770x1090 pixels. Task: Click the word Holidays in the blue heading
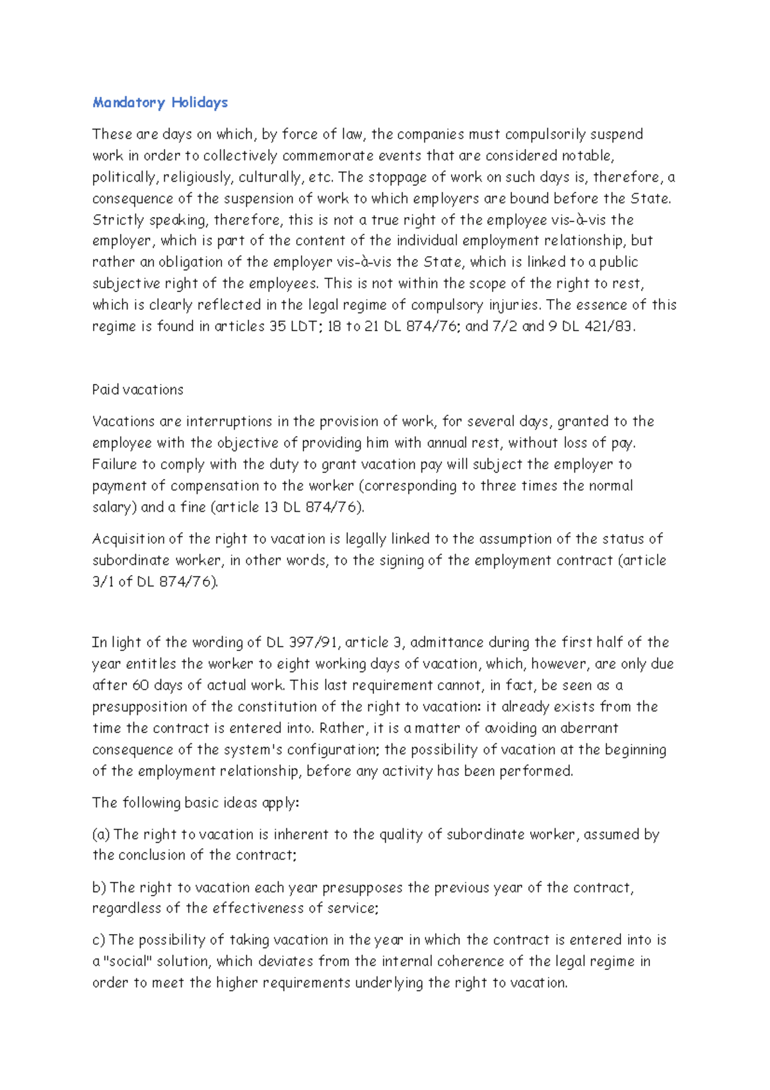tap(200, 103)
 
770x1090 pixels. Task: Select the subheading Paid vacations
tap(138, 390)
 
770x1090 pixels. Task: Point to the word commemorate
tap(328, 156)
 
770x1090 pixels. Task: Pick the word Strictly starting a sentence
tap(118, 220)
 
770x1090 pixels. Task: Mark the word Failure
tap(115, 464)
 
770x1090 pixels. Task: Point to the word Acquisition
tap(129, 539)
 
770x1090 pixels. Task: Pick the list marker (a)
tap(101, 835)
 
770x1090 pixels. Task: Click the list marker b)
tap(99, 888)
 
